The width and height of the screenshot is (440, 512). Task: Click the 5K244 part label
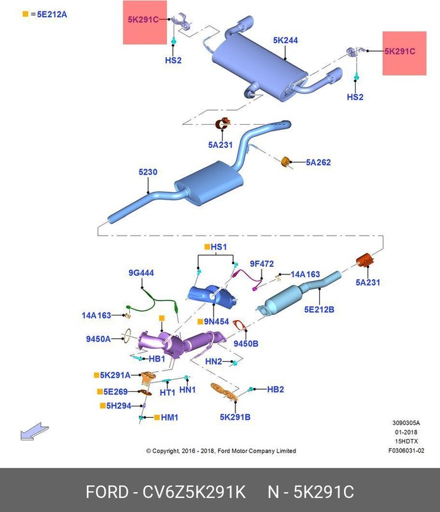[x=285, y=40]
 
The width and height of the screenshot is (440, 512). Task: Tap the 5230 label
[x=148, y=172]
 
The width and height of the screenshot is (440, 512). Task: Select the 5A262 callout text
[x=318, y=163]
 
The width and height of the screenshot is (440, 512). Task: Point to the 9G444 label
[x=141, y=273]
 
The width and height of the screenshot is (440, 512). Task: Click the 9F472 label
[x=262, y=263]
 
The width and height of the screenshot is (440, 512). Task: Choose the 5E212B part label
[x=319, y=309]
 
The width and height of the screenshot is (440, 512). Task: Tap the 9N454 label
[x=216, y=321]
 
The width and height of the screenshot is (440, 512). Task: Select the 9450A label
[x=99, y=338]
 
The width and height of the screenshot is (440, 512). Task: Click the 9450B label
[x=246, y=344]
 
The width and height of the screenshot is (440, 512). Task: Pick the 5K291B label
[x=235, y=417]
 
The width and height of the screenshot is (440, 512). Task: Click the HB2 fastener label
[x=275, y=388]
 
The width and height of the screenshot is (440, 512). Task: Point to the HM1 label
[x=169, y=417]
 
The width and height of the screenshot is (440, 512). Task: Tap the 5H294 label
[x=118, y=405]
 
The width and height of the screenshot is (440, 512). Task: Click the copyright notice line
[x=221, y=451]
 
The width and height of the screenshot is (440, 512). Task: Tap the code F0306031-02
[x=405, y=450]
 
